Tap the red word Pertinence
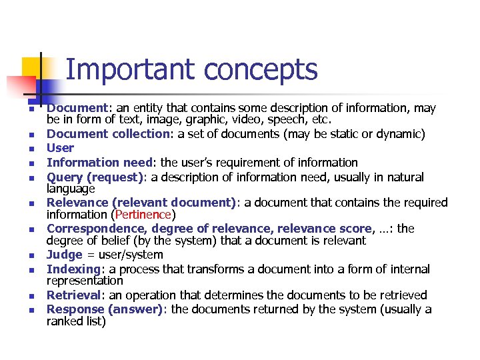(143, 215)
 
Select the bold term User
(60, 148)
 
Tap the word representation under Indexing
(85, 281)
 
